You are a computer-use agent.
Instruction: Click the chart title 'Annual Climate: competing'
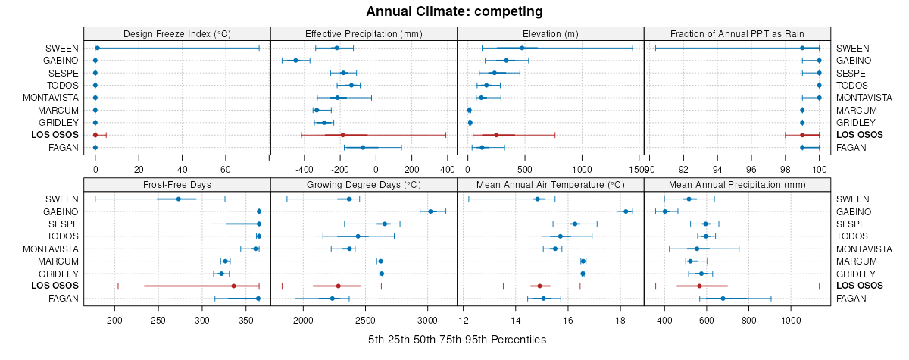(x=454, y=11)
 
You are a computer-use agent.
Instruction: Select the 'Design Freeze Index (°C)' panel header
(x=176, y=33)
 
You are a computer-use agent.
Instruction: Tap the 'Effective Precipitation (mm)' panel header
(x=364, y=33)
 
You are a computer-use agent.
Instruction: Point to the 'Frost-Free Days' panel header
(x=176, y=184)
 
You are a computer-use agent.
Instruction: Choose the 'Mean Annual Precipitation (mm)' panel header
(x=738, y=184)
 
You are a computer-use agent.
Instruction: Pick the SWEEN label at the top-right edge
(x=853, y=48)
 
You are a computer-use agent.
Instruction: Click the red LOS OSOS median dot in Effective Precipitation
(x=342, y=135)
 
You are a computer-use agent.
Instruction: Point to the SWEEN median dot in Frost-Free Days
(x=178, y=199)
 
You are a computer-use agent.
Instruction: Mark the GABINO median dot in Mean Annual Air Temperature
(x=626, y=211)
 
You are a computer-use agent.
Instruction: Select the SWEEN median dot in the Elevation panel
(x=522, y=48)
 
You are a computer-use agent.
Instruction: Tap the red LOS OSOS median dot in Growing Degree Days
(x=338, y=286)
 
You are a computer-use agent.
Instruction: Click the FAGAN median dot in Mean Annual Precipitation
(x=723, y=299)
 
